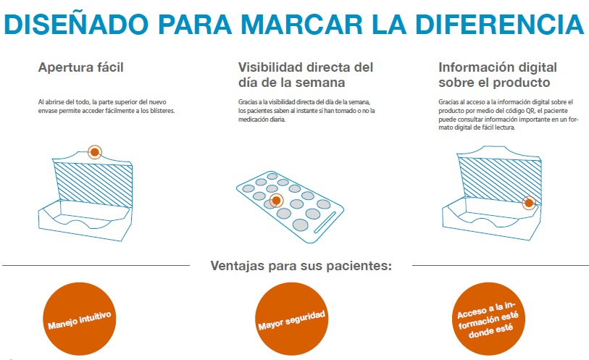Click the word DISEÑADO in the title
pyautogui.click(x=76, y=23)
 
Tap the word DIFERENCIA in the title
pyautogui.click(x=499, y=25)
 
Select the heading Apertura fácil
pyautogui.click(x=80, y=67)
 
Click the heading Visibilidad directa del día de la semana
pyautogui.click(x=306, y=75)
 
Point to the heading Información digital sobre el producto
pyautogui.click(x=498, y=75)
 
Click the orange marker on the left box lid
pyautogui.click(x=95, y=152)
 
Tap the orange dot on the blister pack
pyautogui.click(x=276, y=201)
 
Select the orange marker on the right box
pyautogui.click(x=529, y=203)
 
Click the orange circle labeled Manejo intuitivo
pyautogui.click(x=79, y=319)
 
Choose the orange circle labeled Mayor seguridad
pyautogui.click(x=291, y=319)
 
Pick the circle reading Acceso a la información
pyautogui.click(x=488, y=319)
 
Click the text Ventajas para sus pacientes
pyautogui.click(x=301, y=266)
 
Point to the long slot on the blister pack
pyautogui.click(x=325, y=222)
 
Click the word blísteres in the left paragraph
pyautogui.click(x=162, y=111)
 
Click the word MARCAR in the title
pyautogui.click(x=301, y=25)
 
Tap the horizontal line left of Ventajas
pyautogui.click(x=96, y=265)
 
